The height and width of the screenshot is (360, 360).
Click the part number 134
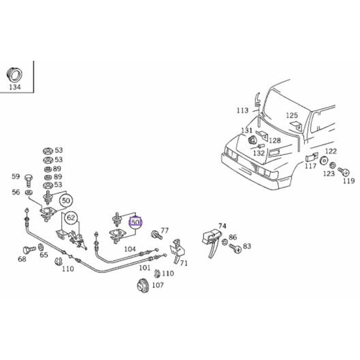[15, 87]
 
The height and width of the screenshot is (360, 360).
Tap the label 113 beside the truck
[243, 110]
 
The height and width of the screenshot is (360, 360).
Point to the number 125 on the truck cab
[292, 116]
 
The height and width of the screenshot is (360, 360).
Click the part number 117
[310, 166]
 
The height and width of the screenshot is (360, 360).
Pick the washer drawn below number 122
[323, 161]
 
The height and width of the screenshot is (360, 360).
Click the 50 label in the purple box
[135, 222]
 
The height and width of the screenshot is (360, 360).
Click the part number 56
[16, 192]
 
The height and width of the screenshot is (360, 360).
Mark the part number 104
[130, 249]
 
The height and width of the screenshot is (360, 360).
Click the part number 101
[144, 267]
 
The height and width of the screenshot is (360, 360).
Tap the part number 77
[164, 230]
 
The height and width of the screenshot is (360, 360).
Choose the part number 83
[247, 246]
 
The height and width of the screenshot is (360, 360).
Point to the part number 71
[184, 263]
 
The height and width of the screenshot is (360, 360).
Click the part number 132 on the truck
[259, 153]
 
